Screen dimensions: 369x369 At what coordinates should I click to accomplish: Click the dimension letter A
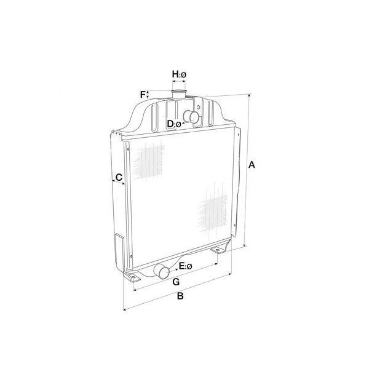[x=252, y=165]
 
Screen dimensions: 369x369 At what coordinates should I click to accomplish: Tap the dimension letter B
[x=180, y=296]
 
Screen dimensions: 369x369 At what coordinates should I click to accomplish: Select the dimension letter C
[x=119, y=177]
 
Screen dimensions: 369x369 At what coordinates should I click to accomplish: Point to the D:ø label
[x=174, y=124]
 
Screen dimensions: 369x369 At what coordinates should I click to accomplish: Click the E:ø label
[x=186, y=266]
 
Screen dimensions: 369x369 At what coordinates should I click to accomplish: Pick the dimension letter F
[x=143, y=95]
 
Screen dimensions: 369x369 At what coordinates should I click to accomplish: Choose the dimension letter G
[x=176, y=282]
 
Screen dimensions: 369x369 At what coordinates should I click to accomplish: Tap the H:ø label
[x=179, y=74]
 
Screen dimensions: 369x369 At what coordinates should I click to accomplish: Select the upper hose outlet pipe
[x=191, y=117]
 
